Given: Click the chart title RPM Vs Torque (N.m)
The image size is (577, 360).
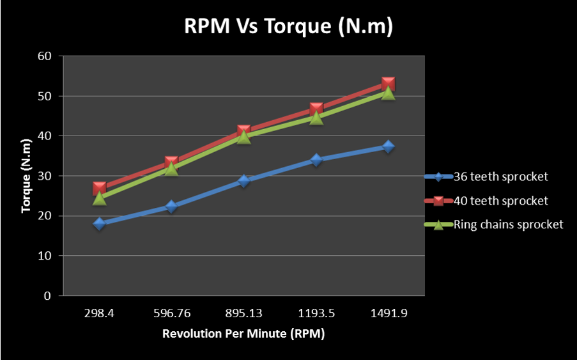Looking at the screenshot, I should tap(288, 26).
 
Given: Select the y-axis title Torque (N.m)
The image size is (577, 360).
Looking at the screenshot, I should tap(26, 175).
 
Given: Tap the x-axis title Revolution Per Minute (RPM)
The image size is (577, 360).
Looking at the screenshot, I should tap(243, 334).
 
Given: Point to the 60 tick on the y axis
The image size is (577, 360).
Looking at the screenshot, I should tap(44, 56).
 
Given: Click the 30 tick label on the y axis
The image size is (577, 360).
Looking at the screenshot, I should tap(44, 176).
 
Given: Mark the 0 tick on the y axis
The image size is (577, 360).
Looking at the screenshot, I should tap(47, 296).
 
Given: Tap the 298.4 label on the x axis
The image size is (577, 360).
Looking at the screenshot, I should tap(99, 314).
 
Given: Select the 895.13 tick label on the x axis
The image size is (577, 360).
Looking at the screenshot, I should tap(243, 314).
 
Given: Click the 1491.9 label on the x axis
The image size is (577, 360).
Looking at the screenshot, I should tap(388, 314).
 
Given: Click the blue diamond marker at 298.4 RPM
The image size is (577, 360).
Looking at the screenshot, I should tap(99, 224).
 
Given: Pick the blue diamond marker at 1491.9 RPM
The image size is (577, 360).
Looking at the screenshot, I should tap(388, 146).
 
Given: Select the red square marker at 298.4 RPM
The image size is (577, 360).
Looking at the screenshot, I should tap(99, 189).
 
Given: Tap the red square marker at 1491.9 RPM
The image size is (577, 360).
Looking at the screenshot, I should tap(388, 84).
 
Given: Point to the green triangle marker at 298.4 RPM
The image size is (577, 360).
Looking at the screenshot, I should tap(99, 198).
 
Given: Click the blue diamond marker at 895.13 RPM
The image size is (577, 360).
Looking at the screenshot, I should tap(243, 181).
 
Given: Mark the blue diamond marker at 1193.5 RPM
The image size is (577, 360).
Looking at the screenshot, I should tap(316, 160).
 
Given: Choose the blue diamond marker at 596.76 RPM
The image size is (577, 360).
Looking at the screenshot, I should tap(171, 207).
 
